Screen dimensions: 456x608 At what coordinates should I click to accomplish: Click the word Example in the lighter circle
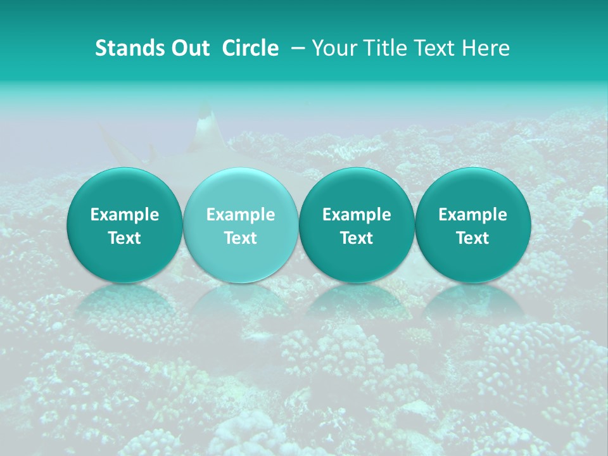click(x=241, y=215)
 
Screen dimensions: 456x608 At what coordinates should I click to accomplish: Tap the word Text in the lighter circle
click(x=241, y=238)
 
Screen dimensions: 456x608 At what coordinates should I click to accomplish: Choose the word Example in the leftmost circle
click(x=125, y=215)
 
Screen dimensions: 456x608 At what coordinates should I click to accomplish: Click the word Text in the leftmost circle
click(x=125, y=238)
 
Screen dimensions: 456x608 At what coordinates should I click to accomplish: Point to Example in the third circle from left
click(x=357, y=215)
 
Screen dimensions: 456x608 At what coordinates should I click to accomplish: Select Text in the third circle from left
click(x=357, y=238)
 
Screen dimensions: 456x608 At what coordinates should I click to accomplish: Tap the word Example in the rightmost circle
click(x=472, y=215)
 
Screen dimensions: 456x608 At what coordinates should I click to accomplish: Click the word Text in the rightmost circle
click(x=472, y=238)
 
